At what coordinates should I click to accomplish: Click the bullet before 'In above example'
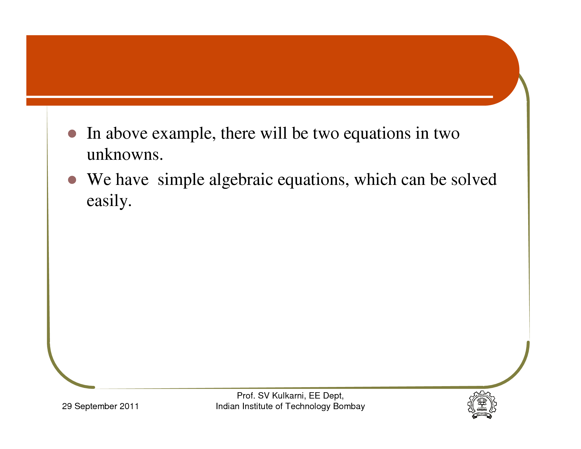tap(72, 134)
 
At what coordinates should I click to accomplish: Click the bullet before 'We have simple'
tap(72, 180)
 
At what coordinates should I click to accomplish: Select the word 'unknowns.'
tap(125, 155)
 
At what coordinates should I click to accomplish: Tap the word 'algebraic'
tap(241, 180)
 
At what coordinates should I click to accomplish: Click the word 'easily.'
tap(109, 201)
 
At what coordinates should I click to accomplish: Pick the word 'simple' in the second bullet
tap(181, 180)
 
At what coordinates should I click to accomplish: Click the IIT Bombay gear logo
tap(482, 405)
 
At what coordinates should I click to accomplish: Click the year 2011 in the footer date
tap(129, 406)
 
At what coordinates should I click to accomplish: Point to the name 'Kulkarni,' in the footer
tap(289, 396)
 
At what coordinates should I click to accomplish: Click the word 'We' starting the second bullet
tap(99, 180)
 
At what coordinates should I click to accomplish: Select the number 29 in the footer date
tap(67, 406)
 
